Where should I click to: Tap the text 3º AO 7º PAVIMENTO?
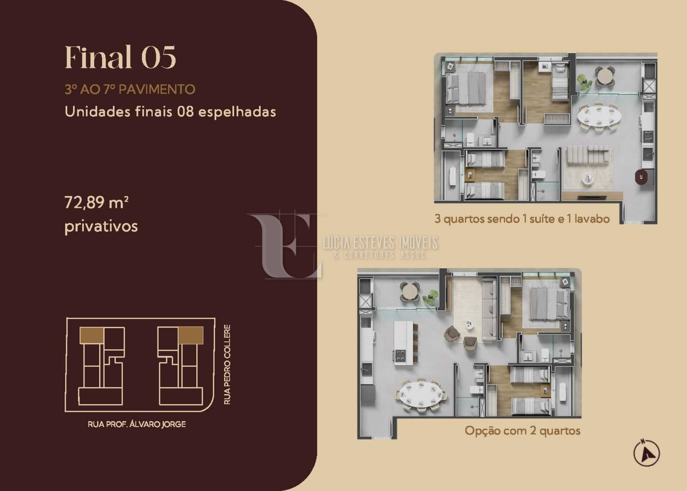pyautogui.click(x=130, y=89)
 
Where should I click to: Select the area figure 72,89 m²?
pyautogui.click(x=96, y=203)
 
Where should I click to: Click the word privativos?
pyautogui.click(x=101, y=227)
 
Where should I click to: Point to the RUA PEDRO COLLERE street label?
pyautogui.click(x=227, y=364)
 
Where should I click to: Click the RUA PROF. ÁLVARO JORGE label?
pyautogui.click(x=137, y=424)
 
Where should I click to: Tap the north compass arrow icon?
pyautogui.click(x=646, y=453)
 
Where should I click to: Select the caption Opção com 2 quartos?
pyautogui.click(x=523, y=431)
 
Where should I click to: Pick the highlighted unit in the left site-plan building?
pyautogui.click(x=92, y=335)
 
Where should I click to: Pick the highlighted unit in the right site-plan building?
pyautogui.click(x=191, y=335)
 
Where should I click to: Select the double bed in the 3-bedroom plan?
pyautogui.click(x=466, y=88)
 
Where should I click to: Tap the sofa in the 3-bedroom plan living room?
pyautogui.click(x=588, y=155)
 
